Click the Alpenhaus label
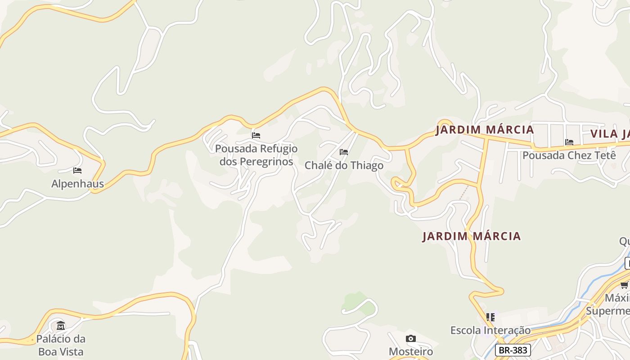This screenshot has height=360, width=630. click(x=77, y=184)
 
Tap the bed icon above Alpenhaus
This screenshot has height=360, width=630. click(x=77, y=171)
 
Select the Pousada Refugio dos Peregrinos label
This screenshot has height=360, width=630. click(x=256, y=155)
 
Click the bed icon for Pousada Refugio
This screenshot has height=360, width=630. click(x=256, y=135)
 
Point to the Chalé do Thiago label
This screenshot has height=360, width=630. click(x=344, y=165)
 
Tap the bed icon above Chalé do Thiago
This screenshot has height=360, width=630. click(x=344, y=152)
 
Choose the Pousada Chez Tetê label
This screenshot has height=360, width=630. click(x=569, y=155)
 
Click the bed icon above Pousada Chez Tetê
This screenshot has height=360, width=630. click(x=569, y=142)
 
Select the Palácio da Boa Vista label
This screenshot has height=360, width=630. click(x=61, y=345)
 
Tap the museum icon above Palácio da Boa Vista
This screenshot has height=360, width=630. click(x=61, y=325)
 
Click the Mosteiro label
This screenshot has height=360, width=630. click(x=410, y=351)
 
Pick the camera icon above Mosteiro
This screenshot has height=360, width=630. click(x=410, y=338)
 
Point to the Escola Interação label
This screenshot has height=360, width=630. click(x=490, y=330)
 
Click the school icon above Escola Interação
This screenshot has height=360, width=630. click(x=490, y=317)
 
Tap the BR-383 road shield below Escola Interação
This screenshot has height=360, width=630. click(x=513, y=350)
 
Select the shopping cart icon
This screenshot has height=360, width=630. click(x=625, y=285)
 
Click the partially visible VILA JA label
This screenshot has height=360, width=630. click(x=610, y=134)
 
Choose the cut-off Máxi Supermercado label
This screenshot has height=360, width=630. click(x=609, y=305)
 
